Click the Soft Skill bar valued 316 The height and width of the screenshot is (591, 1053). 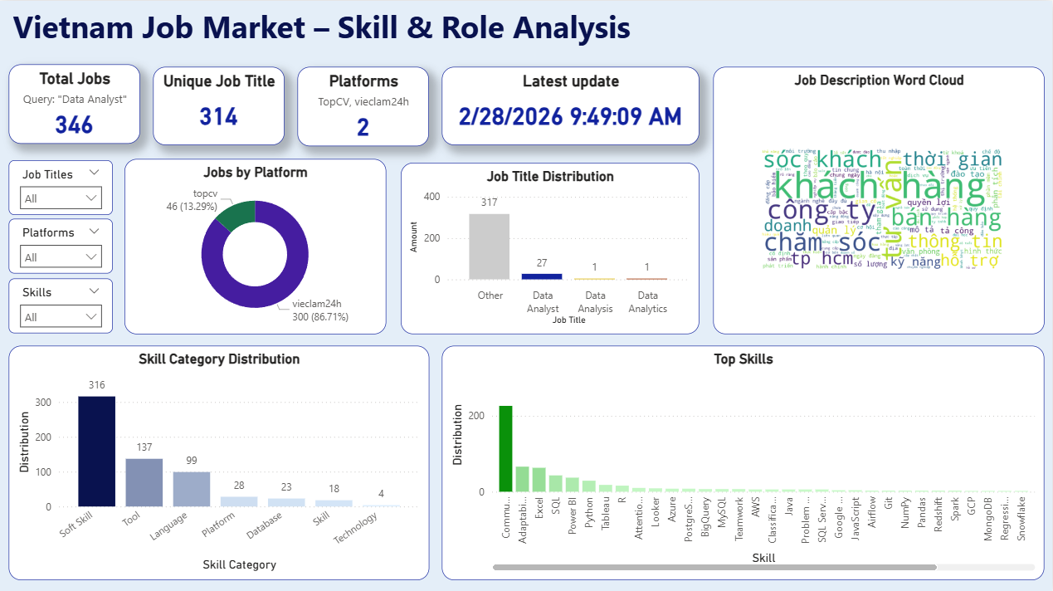(96, 452)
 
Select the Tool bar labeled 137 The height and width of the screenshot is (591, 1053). (144, 482)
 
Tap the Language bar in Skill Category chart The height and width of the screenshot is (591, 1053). (192, 489)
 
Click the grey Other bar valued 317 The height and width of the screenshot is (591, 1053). (490, 247)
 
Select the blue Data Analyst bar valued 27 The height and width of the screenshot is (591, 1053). (542, 276)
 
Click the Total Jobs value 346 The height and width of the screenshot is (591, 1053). (74, 125)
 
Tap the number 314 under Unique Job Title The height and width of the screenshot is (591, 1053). (219, 117)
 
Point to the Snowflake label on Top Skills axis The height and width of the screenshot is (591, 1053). (1021, 519)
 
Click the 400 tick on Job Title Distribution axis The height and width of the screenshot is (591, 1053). (431, 197)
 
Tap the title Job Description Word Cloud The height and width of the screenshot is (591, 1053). (879, 81)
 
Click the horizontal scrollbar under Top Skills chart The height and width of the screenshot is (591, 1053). (714, 567)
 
